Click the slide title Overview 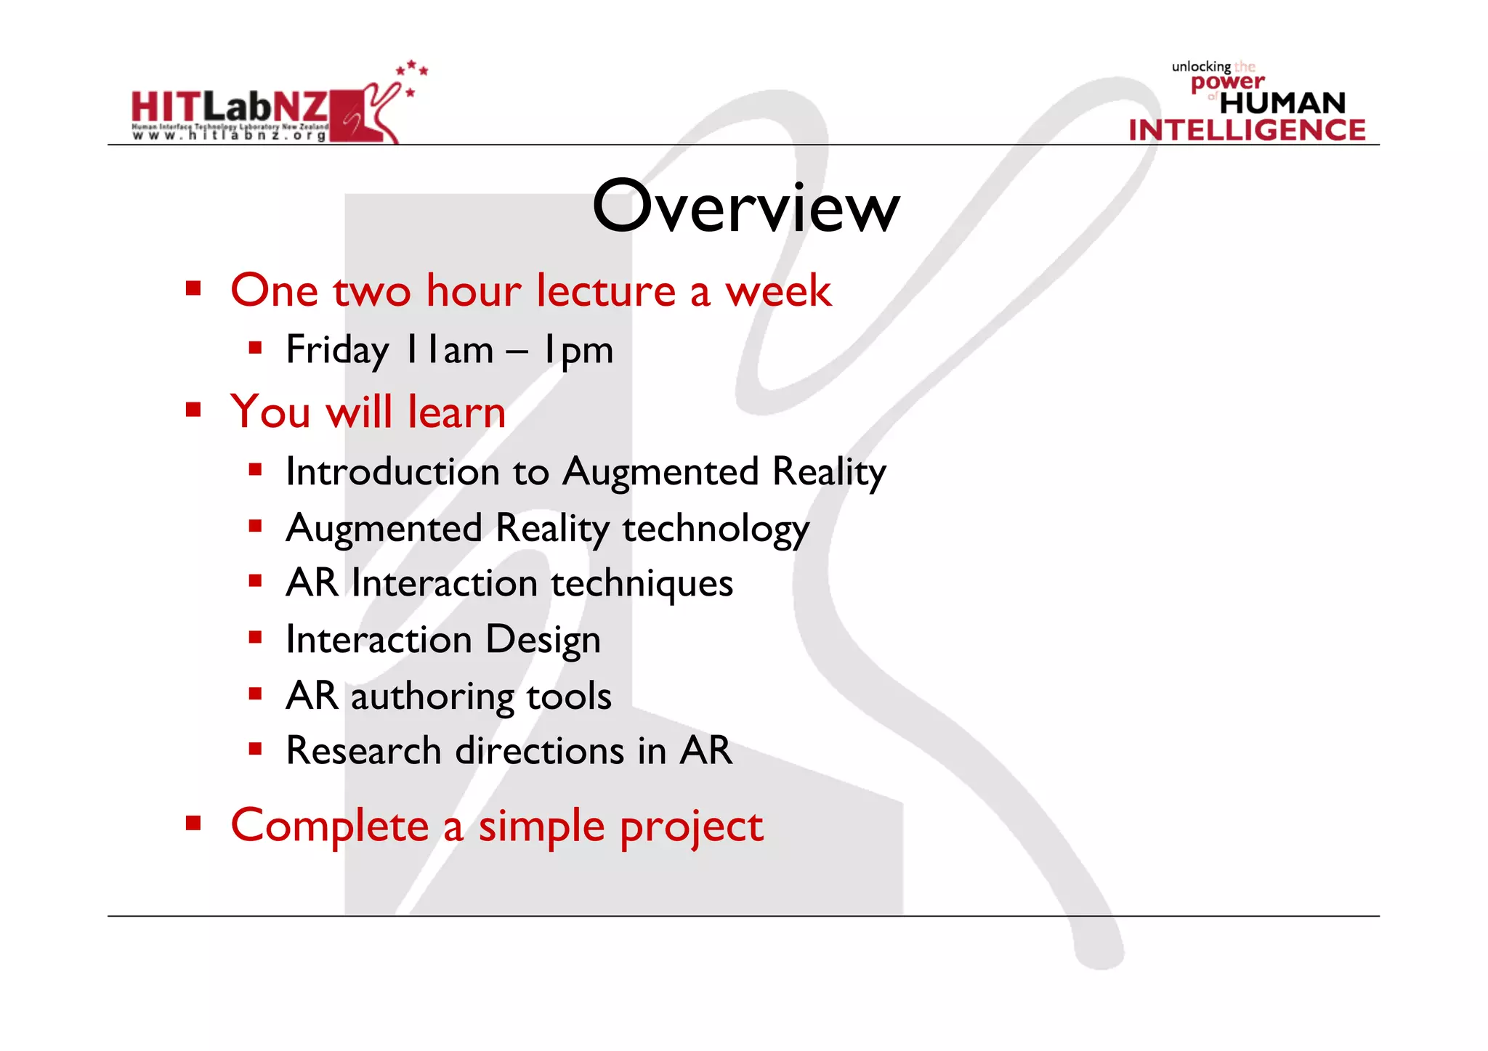pos(745,208)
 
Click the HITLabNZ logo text pos(230,107)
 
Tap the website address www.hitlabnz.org pos(230,136)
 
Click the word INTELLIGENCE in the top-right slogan pos(1247,131)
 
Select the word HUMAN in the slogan pos(1282,103)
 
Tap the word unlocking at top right pos(1201,67)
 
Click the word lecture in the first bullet pos(607,291)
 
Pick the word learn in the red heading pos(456,413)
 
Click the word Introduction pos(392,472)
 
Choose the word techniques pos(642,584)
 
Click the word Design pos(543,641)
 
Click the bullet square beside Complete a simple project pos(193,823)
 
